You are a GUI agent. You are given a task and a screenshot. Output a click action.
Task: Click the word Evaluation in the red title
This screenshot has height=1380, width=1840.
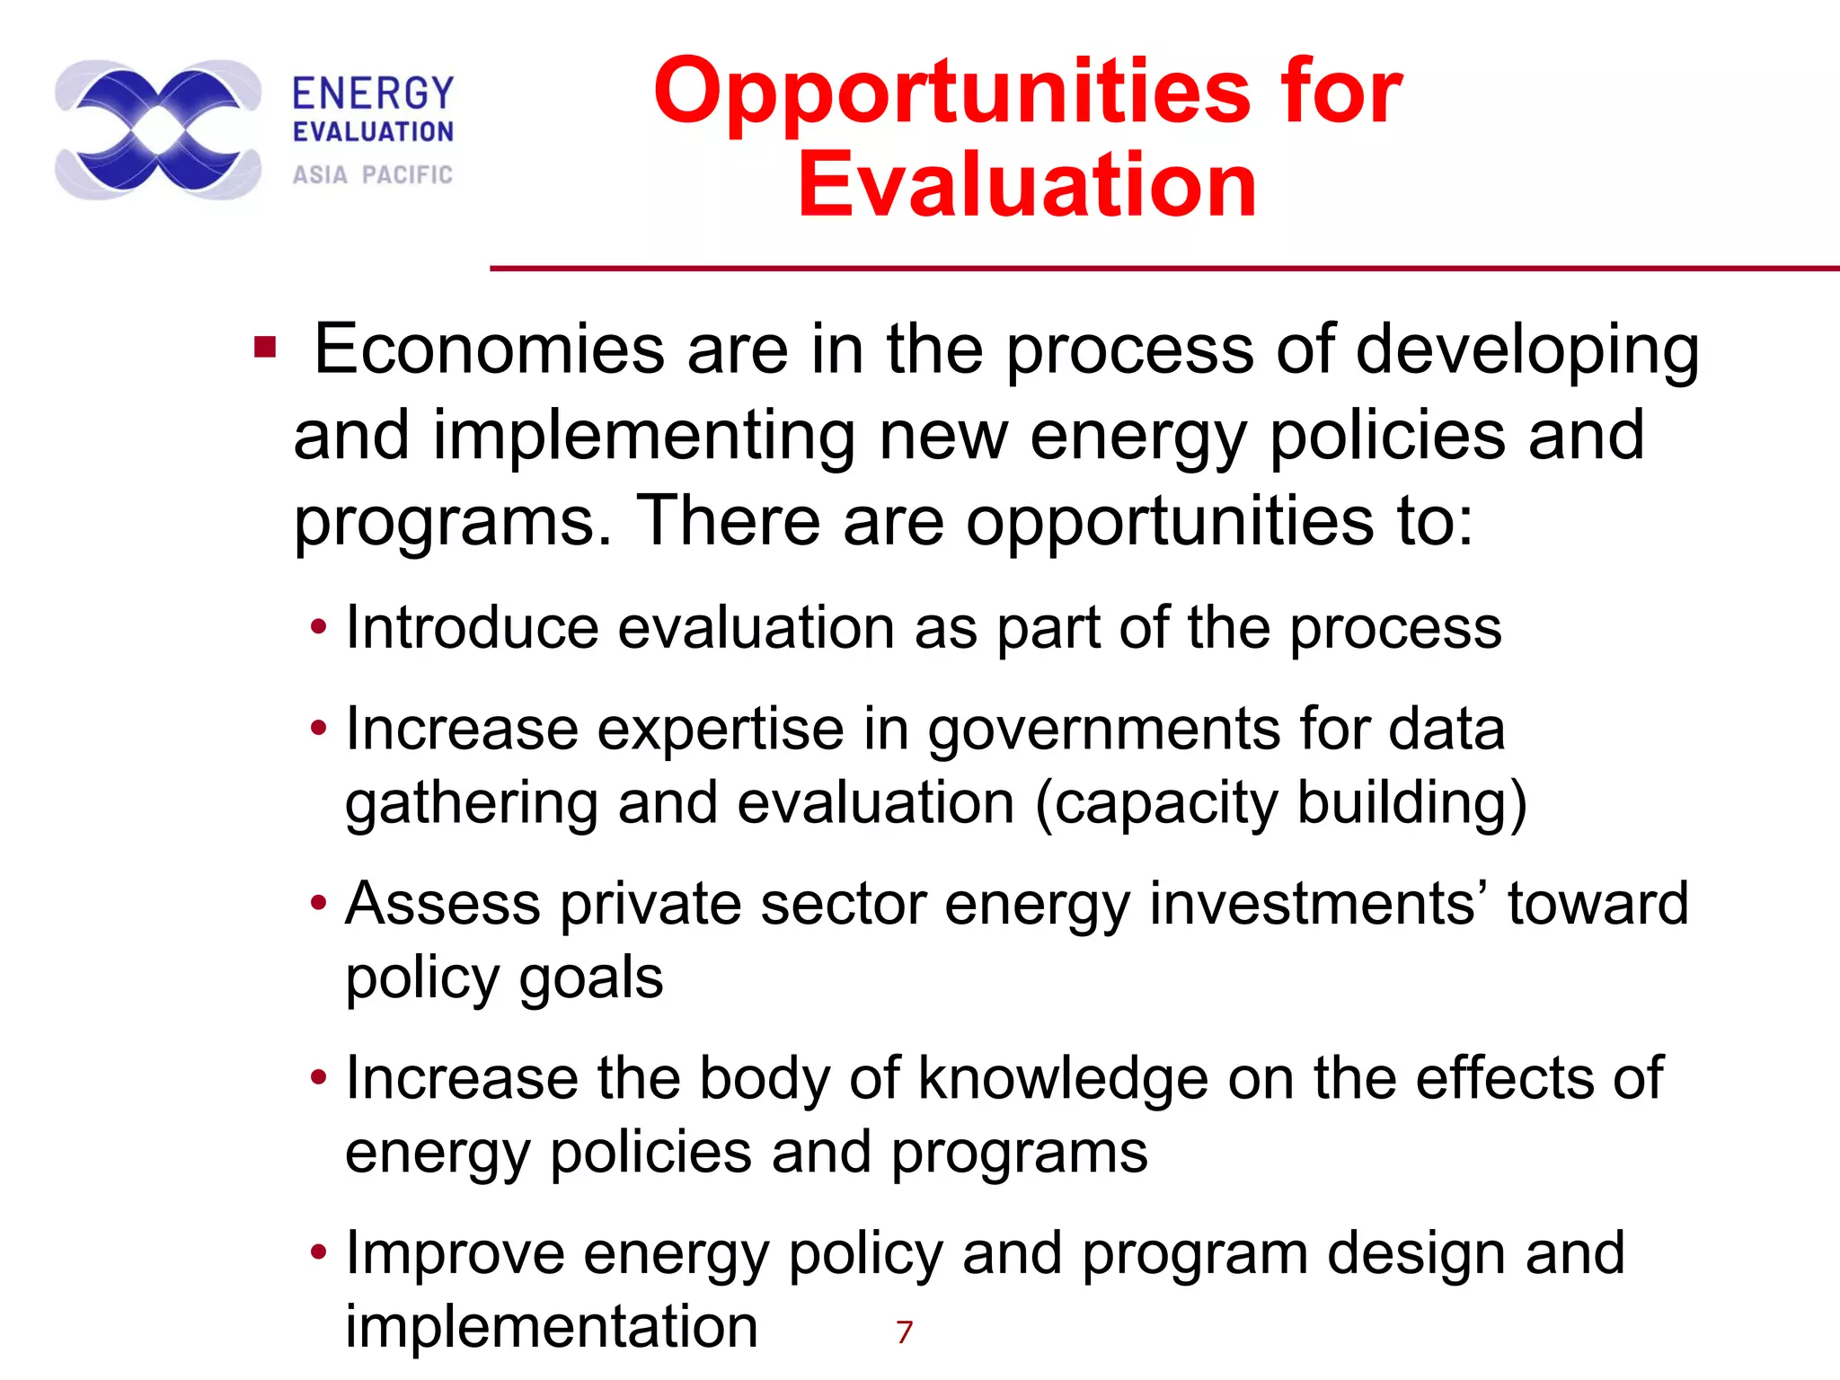(1027, 186)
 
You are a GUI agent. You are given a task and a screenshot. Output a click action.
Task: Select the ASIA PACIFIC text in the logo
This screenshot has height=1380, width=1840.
(373, 174)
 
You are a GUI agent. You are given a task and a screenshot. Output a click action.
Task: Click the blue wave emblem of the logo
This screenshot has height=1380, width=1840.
(158, 130)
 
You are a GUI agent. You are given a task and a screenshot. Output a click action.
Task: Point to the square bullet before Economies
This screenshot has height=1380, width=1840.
(264, 347)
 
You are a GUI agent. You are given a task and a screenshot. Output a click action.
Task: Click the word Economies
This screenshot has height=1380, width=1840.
(490, 349)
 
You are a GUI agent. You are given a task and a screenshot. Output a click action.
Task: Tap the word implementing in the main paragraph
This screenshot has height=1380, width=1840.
(644, 436)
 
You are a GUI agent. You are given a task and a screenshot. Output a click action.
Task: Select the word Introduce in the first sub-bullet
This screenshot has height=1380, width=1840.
(472, 627)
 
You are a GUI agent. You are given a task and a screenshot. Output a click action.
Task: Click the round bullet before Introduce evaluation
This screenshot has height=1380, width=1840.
(318, 627)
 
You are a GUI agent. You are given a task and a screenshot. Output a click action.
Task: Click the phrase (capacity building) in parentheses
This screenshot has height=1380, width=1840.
(1280, 802)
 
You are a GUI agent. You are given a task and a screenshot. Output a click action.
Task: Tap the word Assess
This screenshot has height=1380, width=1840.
(443, 904)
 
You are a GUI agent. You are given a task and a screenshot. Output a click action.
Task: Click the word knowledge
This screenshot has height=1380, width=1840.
(1063, 1078)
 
